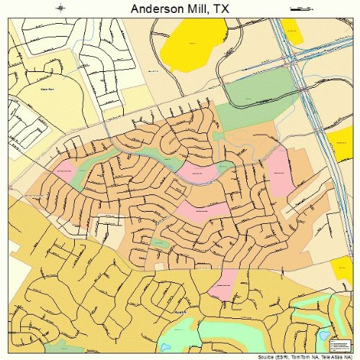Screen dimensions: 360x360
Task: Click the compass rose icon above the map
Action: [x=61, y=8]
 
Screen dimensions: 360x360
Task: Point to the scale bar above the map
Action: [x=297, y=8]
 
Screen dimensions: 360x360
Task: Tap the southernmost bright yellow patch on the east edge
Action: [x=344, y=270]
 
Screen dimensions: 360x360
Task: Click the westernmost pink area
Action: [x=65, y=171]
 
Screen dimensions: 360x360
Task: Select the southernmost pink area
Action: [x=223, y=283]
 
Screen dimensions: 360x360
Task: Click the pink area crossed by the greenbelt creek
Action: [x=198, y=173]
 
